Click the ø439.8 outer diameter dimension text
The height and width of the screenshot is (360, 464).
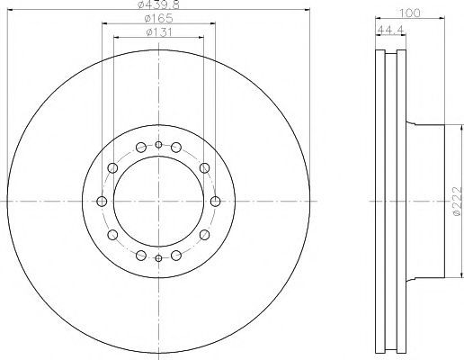click(158, 4)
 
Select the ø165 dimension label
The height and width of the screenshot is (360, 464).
click(158, 19)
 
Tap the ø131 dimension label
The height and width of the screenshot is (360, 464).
click(159, 32)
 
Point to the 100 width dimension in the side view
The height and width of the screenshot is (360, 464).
click(410, 13)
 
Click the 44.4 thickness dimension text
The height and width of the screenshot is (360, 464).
click(391, 30)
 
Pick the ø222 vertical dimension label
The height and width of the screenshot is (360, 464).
click(457, 201)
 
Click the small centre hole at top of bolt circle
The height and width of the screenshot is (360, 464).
click(158, 145)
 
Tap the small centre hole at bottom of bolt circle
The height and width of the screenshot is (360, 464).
click(158, 258)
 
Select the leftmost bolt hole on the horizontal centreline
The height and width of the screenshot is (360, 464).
click(102, 202)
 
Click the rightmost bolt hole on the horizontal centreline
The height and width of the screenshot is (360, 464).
click(215, 202)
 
